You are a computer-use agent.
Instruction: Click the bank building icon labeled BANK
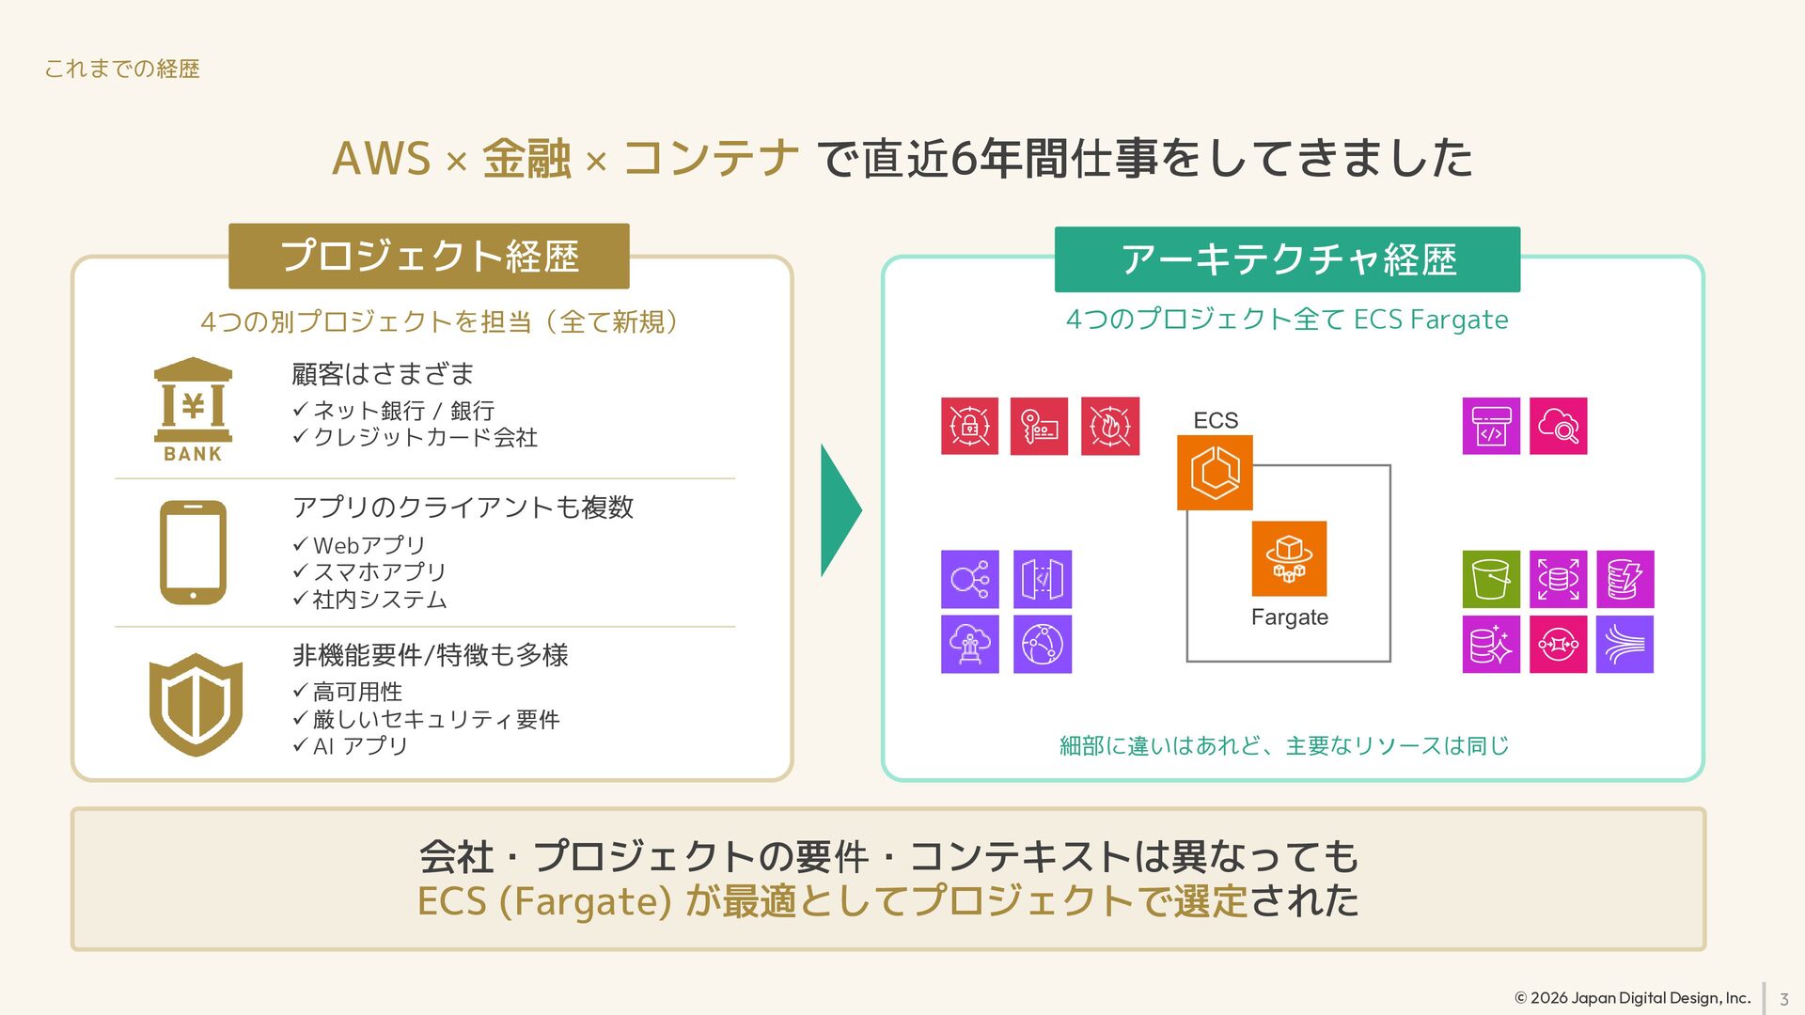coord(193,410)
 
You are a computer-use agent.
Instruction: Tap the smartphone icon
coord(193,553)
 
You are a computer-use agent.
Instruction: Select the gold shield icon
coord(196,705)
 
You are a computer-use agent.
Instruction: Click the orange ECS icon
coord(1215,473)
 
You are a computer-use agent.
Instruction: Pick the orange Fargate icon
coord(1289,559)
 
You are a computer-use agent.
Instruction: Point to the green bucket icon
coord(1491,579)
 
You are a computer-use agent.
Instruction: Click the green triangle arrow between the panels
coord(840,510)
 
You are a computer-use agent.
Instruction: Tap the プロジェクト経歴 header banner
coord(429,256)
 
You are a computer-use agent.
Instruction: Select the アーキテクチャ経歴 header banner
coord(1287,259)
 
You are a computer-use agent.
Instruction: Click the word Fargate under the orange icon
coord(1290,617)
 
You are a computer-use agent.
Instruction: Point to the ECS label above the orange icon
coord(1216,420)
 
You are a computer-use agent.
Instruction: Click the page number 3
coord(1784,999)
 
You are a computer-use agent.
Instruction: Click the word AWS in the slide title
coord(381,158)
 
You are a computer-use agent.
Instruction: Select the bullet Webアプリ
coord(360,545)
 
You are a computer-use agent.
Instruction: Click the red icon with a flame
coord(1110,426)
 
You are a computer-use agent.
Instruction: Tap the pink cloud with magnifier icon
coord(1559,426)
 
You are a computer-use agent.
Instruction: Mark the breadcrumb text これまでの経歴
coord(122,69)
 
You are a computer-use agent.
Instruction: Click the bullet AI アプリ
coord(351,746)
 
